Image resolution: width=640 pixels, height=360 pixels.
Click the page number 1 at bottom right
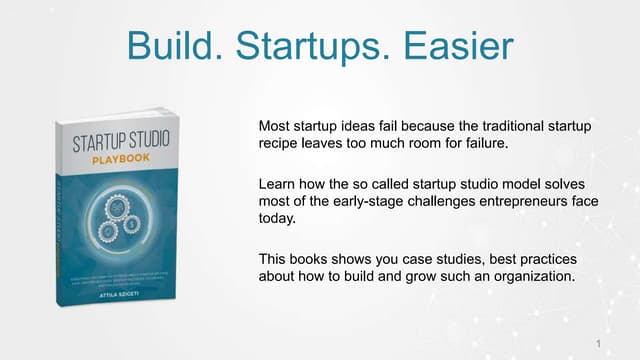click(x=597, y=344)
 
